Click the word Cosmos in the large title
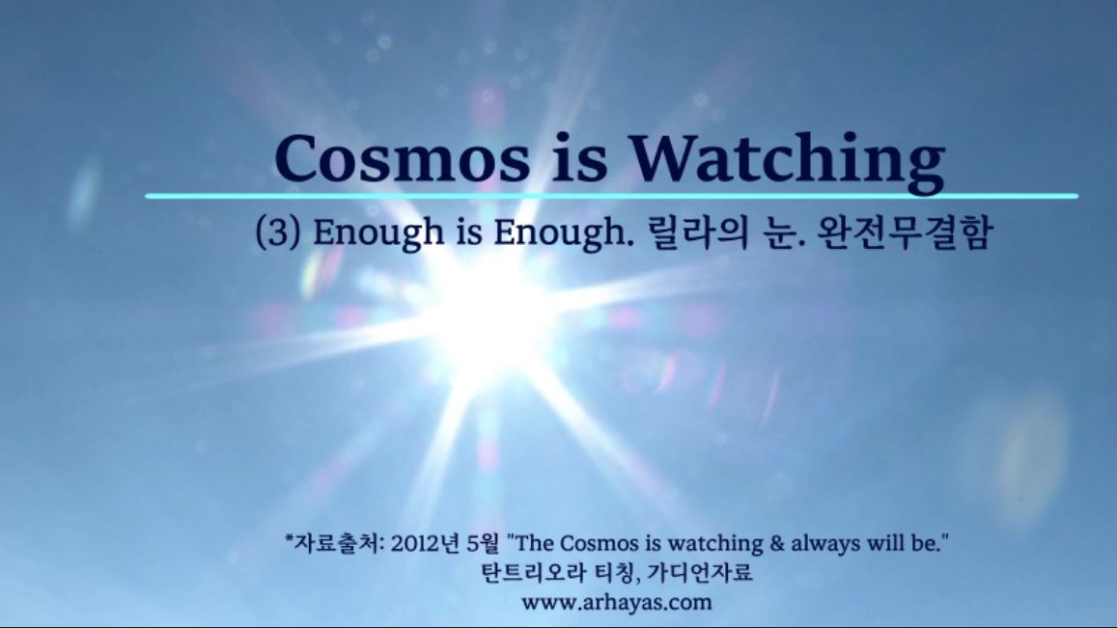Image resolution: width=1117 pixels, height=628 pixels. click(x=403, y=158)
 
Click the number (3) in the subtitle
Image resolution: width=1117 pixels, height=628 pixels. click(x=277, y=232)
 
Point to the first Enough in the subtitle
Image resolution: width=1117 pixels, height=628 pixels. click(x=378, y=233)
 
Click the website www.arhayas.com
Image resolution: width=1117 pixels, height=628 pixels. click(x=617, y=602)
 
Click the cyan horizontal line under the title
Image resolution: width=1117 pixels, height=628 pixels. click(x=612, y=196)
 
